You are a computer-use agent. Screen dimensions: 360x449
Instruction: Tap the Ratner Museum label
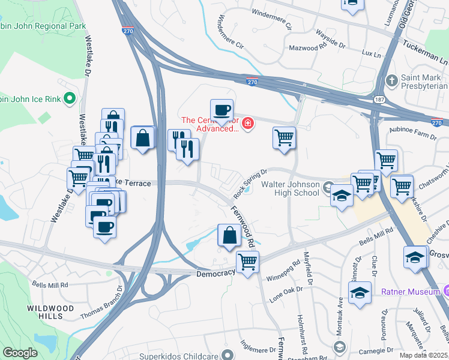coord(411,292)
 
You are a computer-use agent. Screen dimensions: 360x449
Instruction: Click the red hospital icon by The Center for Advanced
coord(247,124)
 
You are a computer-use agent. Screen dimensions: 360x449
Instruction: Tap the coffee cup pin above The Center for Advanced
coord(221,110)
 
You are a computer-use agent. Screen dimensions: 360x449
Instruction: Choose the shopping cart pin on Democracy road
coord(247,262)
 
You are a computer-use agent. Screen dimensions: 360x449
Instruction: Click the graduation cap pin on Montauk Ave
coord(360,293)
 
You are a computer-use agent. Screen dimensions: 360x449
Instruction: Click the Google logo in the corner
coord(20,353)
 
